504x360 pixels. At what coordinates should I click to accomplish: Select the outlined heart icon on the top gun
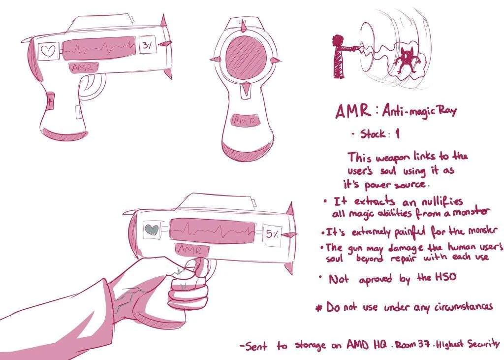coord(49,51)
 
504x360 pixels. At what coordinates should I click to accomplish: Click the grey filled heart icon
coord(152,229)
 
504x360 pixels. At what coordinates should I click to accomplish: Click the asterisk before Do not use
coord(319,308)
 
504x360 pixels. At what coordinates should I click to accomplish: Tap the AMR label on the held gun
coord(192,249)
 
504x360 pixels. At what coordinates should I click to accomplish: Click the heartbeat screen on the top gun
coord(99,49)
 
